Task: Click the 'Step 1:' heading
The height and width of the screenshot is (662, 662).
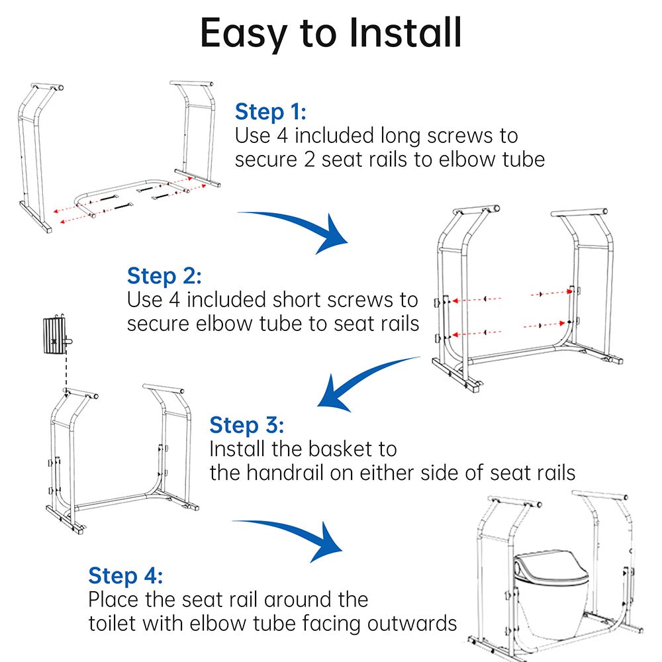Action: tap(270, 111)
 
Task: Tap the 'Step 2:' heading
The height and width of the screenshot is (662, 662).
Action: tap(164, 275)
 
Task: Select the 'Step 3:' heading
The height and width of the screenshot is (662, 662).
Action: tap(246, 425)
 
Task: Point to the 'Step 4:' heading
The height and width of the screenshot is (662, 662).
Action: tap(125, 575)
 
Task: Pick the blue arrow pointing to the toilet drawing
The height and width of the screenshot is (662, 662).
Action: tap(298, 535)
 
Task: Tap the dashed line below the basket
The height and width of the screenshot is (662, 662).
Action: tap(66, 371)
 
